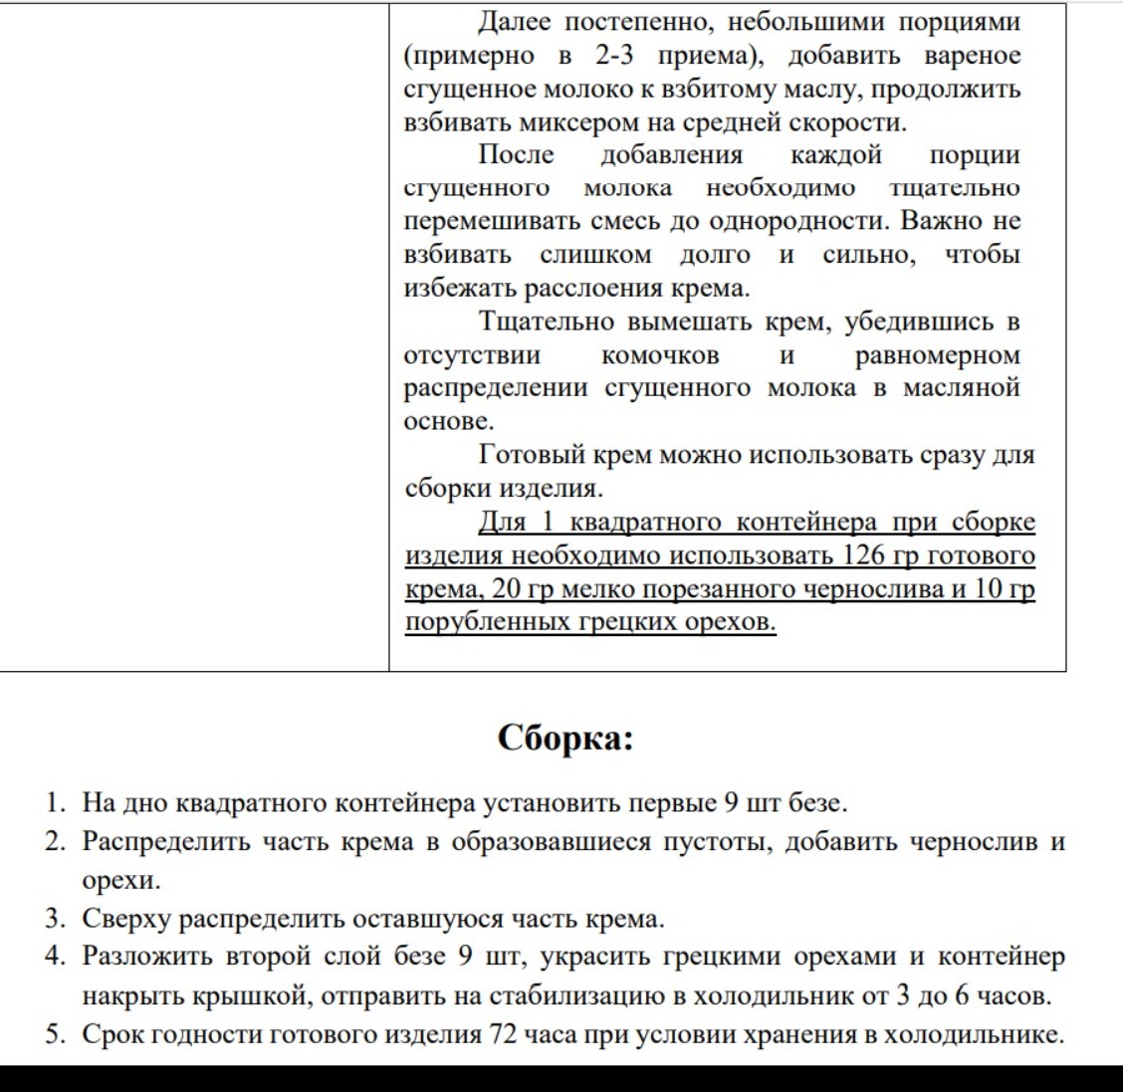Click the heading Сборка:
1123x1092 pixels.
[x=564, y=739]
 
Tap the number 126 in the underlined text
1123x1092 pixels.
[x=864, y=555]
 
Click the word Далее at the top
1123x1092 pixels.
[x=515, y=21]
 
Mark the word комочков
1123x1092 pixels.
[x=660, y=355]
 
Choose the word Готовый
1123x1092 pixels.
[x=532, y=455]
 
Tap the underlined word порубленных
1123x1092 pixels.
[x=487, y=622]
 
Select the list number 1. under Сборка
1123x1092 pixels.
[x=56, y=802]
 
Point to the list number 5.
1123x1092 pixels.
[x=56, y=1034]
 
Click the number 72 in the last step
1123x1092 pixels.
[x=500, y=1034]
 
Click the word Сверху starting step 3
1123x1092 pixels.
[x=126, y=919]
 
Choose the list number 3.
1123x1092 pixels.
[x=56, y=919]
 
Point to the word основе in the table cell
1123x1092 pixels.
[x=448, y=421]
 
